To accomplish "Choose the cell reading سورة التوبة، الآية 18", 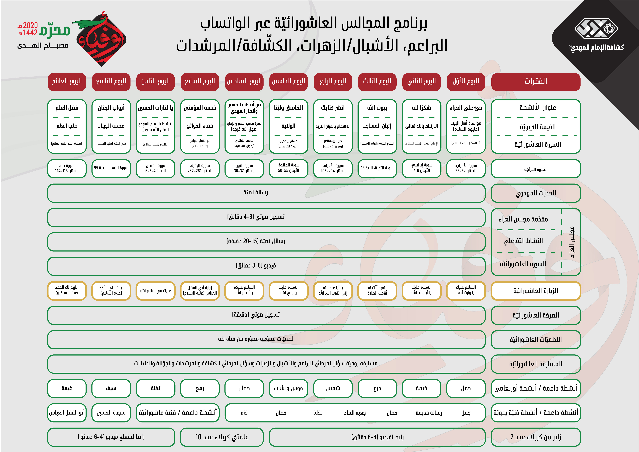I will (x=377, y=168).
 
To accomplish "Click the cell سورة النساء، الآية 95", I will (x=111, y=168).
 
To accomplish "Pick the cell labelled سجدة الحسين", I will (x=111, y=412).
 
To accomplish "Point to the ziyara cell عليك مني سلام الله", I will (x=155, y=291).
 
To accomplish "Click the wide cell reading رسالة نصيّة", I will (x=256, y=193).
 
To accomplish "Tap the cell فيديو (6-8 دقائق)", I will (x=256, y=266).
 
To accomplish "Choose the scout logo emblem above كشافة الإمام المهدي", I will (x=596, y=28).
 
